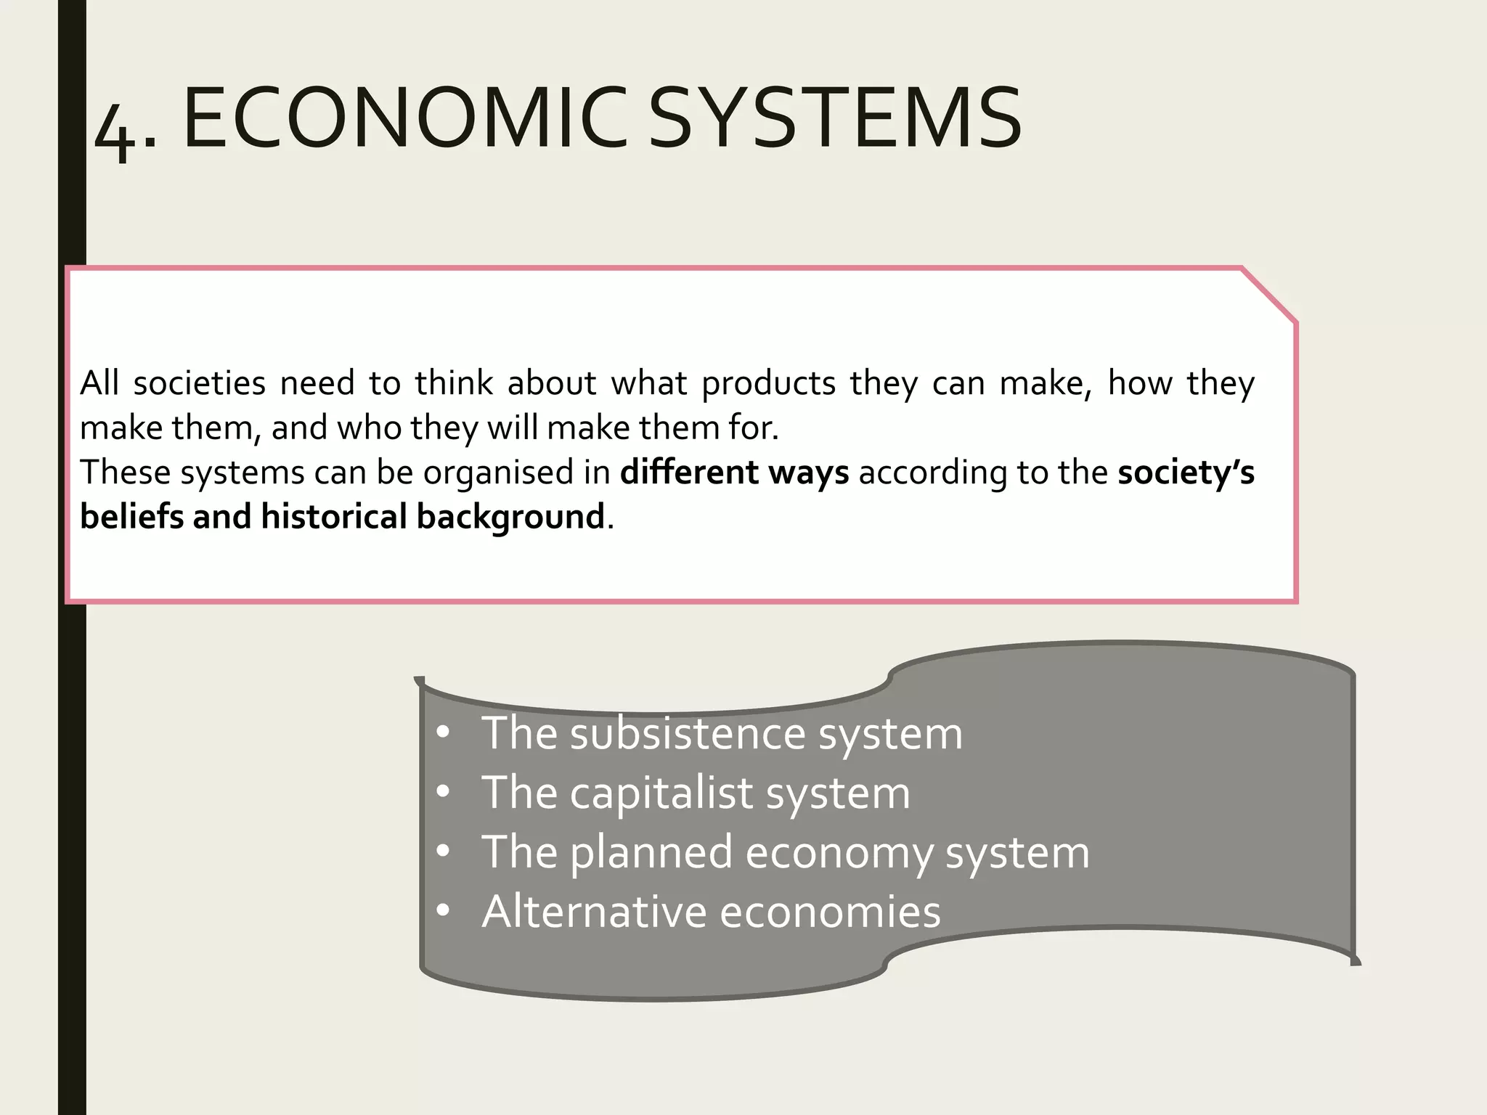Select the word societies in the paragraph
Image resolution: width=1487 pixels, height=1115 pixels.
(x=200, y=383)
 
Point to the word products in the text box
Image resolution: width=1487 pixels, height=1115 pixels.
(x=769, y=383)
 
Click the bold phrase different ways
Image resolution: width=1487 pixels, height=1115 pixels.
(x=734, y=473)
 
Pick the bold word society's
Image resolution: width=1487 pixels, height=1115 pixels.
(x=1186, y=473)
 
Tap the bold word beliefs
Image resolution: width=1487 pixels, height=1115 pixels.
(x=131, y=517)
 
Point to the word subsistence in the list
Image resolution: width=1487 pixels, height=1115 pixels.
(x=687, y=733)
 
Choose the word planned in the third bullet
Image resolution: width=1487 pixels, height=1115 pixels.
(x=651, y=853)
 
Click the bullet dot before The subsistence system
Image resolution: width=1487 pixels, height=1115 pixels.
(x=444, y=734)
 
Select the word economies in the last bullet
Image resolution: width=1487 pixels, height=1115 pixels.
(x=830, y=912)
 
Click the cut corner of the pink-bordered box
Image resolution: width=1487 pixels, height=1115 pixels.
(x=1269, y=295)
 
